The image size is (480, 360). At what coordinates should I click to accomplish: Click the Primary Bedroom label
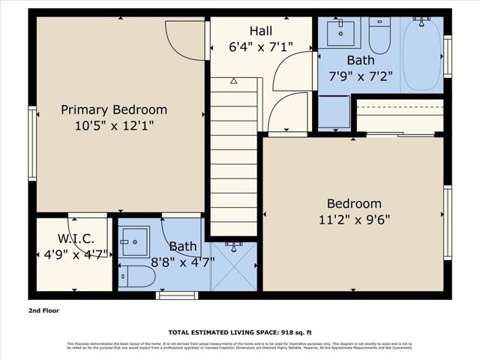(x=114, y=109)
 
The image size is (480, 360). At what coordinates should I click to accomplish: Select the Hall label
(x=260, y=31)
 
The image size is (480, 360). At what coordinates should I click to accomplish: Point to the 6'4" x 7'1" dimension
(x=260, y=46)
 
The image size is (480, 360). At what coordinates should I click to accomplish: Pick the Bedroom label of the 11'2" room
(x=353, y=203)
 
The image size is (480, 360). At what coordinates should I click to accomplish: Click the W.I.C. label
(x=76, y=238)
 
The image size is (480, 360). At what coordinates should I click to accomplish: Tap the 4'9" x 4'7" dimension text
(x=76, y=254)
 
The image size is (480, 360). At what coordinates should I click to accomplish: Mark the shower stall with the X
(x=234, y=266)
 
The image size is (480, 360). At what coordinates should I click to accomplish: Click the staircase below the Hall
(x=234, y=157)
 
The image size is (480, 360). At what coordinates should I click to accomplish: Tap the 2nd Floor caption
(x=43, y=310)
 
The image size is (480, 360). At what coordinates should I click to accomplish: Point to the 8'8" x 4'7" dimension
(x=182, y=262)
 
